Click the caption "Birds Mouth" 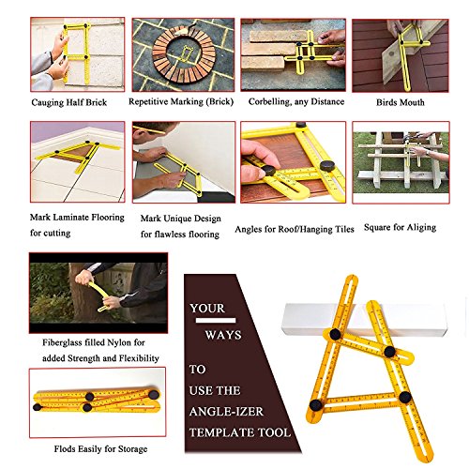pyautogui.click(x=401, y=102)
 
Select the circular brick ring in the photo pyautogui.click(x=184, y=54)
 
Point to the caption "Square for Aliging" pyautogui.click(x=400, y=227)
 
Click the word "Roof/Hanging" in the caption pyautogui.click(x=304, y=229)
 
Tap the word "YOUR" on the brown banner pyautogui.click(x=207, y=309)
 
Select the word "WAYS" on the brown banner pyautogui.click(x=223, y=335)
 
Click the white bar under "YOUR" pyautogui.click(x=216, y=321)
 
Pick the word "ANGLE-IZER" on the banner pyautogui.click(x=226, y=412)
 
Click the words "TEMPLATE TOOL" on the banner pyautogui.click(x=240, y=432)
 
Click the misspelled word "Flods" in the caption pyautogui.click(x=65, y=449)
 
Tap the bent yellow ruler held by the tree pyautogui.click(x=100, y=296)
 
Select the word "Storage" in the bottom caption pyautogui.click(x=132, y=449)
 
